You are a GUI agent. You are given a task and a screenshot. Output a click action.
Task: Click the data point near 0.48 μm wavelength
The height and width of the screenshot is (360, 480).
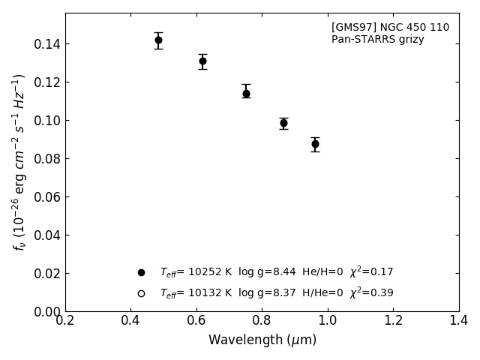tap(158, 40)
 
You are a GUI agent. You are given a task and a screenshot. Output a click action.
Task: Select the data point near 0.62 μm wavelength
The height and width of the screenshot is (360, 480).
tap(202, 61)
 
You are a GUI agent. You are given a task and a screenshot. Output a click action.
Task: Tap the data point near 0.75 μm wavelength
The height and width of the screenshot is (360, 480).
tap(246, 94)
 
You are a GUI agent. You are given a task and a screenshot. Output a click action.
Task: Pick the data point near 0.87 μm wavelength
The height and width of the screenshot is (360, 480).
tap(283, 123)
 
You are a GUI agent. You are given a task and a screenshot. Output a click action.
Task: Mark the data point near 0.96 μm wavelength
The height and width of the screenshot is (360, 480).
tap(315, 144)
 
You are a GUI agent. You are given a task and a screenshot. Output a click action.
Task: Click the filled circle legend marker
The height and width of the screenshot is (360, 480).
tap(141, 272)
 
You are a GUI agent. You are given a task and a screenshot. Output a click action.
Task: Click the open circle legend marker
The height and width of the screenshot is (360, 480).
tap(141, 293)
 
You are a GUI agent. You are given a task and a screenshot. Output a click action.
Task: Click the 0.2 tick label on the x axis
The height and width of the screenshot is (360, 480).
tap(65, 321)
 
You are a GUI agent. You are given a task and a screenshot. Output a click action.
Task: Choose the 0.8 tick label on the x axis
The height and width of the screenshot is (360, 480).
tap(262, 321)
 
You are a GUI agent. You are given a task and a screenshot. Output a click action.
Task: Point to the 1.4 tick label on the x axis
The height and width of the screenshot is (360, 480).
tap(458, 321)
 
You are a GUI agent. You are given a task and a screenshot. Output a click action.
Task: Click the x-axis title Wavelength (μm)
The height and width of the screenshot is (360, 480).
tap(262, 340)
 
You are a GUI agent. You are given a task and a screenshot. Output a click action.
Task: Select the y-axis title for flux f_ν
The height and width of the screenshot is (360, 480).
tap(19, 162)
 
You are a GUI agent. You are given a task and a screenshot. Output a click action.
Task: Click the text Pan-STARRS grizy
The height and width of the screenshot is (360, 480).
tap(377, 40)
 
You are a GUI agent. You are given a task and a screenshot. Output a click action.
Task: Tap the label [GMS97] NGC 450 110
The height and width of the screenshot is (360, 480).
tap(390, 28)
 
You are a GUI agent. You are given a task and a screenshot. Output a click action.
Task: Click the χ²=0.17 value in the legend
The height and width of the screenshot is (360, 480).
tap(371, 272)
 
